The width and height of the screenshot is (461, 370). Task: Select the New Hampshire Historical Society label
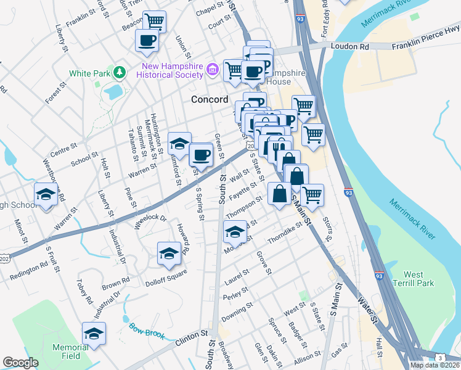tap(173, 70)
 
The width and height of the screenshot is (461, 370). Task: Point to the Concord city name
tap(210, 99)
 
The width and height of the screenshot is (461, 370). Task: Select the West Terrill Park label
tap(418, 279)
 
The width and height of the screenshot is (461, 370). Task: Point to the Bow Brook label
tap(147, 331)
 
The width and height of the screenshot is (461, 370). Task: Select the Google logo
tap(20, 363)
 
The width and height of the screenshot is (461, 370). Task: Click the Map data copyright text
tap(434, 365)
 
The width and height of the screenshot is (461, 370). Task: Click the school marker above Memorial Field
tap(94, 333)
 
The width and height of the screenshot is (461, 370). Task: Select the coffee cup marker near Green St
tap(200, 154)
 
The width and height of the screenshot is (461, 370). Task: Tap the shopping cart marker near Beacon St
tap(155, 22)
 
